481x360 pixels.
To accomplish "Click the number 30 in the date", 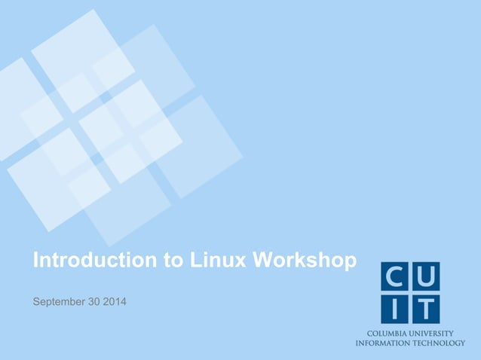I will coord(97,303).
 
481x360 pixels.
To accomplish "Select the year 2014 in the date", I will coord(115,303).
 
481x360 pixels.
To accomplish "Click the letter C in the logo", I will coord(397,278).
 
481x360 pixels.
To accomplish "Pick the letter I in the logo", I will coord(397,308).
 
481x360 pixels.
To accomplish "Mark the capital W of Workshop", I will coord(263,261).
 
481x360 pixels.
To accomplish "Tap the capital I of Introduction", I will coord(35,261).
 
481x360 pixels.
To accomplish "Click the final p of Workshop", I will coord(349,262).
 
